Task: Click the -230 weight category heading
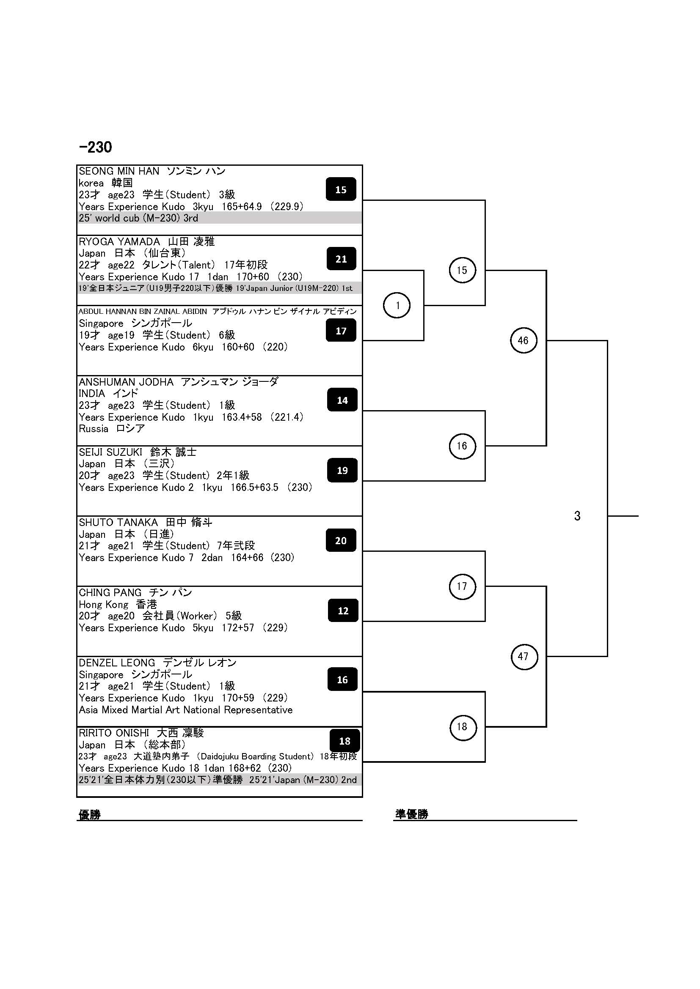tap(95, 147)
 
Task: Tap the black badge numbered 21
tap(341, 259)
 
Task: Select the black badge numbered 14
tap(342, 400)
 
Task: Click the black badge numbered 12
tap(343, 611)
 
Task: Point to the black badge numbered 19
tap(342, 470)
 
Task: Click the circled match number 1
tap(397, 305)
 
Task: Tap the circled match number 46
tap(523, 340)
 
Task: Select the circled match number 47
tap(523, 657)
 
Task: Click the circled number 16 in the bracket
tap(462, 446)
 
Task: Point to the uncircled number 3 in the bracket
tap(577, 516)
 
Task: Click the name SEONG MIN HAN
tap(119, 171)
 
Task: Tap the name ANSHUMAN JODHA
tap(126, 382)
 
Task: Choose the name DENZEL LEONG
tap(117, 663)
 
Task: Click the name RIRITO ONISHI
tap(114, 733)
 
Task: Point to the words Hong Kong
tap(103, 605)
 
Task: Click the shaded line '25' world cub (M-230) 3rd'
tap(138, 218)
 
